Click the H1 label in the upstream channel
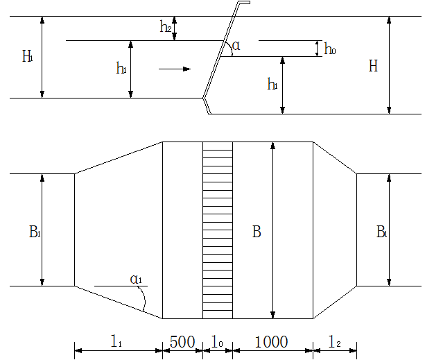tap(28, 56)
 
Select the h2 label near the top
tap(166, 26)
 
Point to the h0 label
tap(330, 49)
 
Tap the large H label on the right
tap(373, 66)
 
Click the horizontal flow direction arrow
tap(175, 69)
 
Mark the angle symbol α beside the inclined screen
tap(236, 46)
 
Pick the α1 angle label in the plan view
tap(136, 279)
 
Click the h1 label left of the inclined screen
tap(121, 68)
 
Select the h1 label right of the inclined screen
tap(272, 84)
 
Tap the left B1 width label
tap(35, 232)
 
